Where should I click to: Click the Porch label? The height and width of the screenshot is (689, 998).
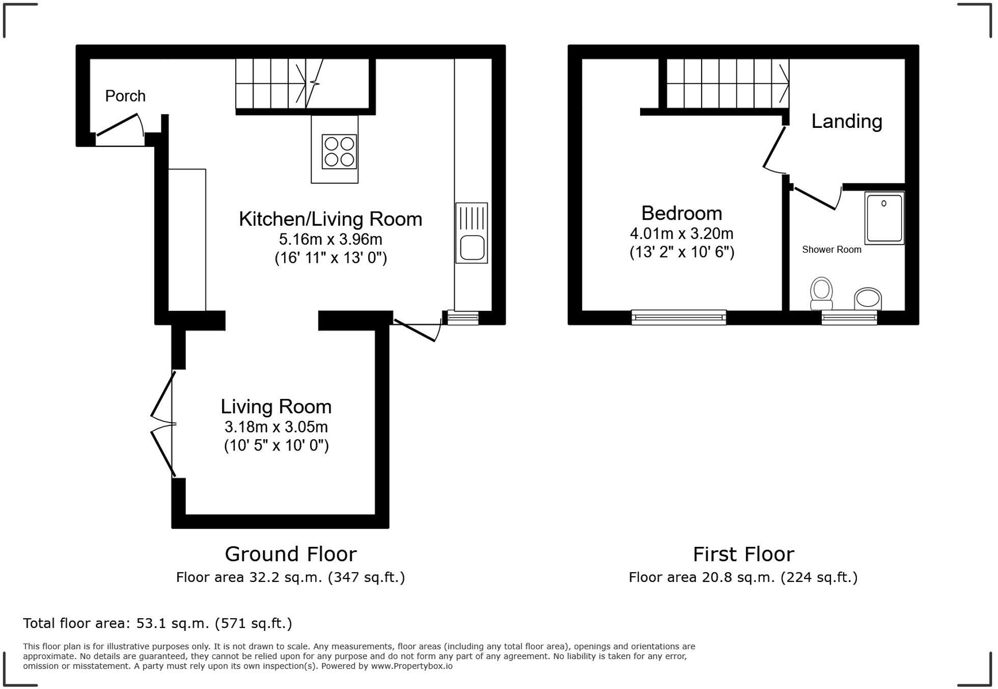click(x=125, y=96)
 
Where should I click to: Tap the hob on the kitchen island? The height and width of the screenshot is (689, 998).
click(x=339, y=151)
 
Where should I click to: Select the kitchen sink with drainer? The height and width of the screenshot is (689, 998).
click(x=472, y=233)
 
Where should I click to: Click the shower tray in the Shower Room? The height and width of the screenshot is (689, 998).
click(x=884, y=218)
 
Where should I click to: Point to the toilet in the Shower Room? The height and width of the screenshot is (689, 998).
click(x=821, y=294)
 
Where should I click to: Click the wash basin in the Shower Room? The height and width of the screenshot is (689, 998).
click(x=868, y=299)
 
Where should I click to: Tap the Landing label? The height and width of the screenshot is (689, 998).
click(x=846, y=121)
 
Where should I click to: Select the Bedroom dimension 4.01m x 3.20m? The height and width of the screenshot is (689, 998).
click(x=681, y=234)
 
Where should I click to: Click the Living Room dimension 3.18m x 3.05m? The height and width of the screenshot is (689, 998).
click(x=276, y=427)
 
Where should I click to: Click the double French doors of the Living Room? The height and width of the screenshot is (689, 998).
click(x=163, y=424)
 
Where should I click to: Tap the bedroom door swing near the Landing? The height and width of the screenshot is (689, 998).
click(x=774, y=150)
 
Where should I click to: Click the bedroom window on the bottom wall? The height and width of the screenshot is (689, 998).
click(x=679, y=317)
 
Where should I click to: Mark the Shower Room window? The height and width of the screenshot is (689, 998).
click(x=849, y=318)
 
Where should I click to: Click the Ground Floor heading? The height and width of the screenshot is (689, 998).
click(x=291, y=554)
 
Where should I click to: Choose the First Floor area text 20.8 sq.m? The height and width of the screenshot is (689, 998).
click(x=743, y=577)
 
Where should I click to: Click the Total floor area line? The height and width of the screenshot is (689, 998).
click(x=157, y=623)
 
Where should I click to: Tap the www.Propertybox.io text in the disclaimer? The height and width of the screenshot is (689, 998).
click(x=411, y=666)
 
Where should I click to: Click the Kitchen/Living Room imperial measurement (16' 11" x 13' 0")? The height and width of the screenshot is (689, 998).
click(x=331, y=258)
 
